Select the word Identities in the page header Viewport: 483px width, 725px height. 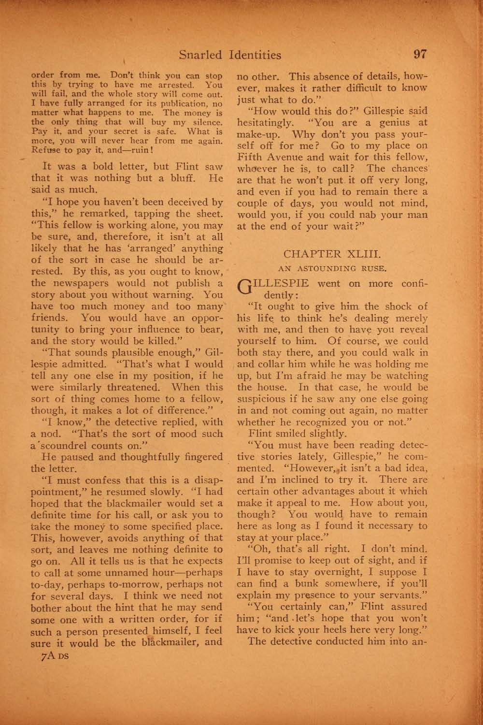click(255, 55)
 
